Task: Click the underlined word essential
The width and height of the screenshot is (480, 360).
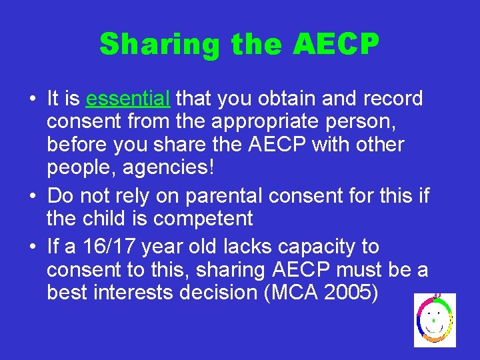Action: pos(129,99)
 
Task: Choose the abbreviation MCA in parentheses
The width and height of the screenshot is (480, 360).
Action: pos(293,293)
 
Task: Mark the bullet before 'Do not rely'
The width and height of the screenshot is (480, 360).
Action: pos(32,197)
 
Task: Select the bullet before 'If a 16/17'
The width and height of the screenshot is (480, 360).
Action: pos(32,247)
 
